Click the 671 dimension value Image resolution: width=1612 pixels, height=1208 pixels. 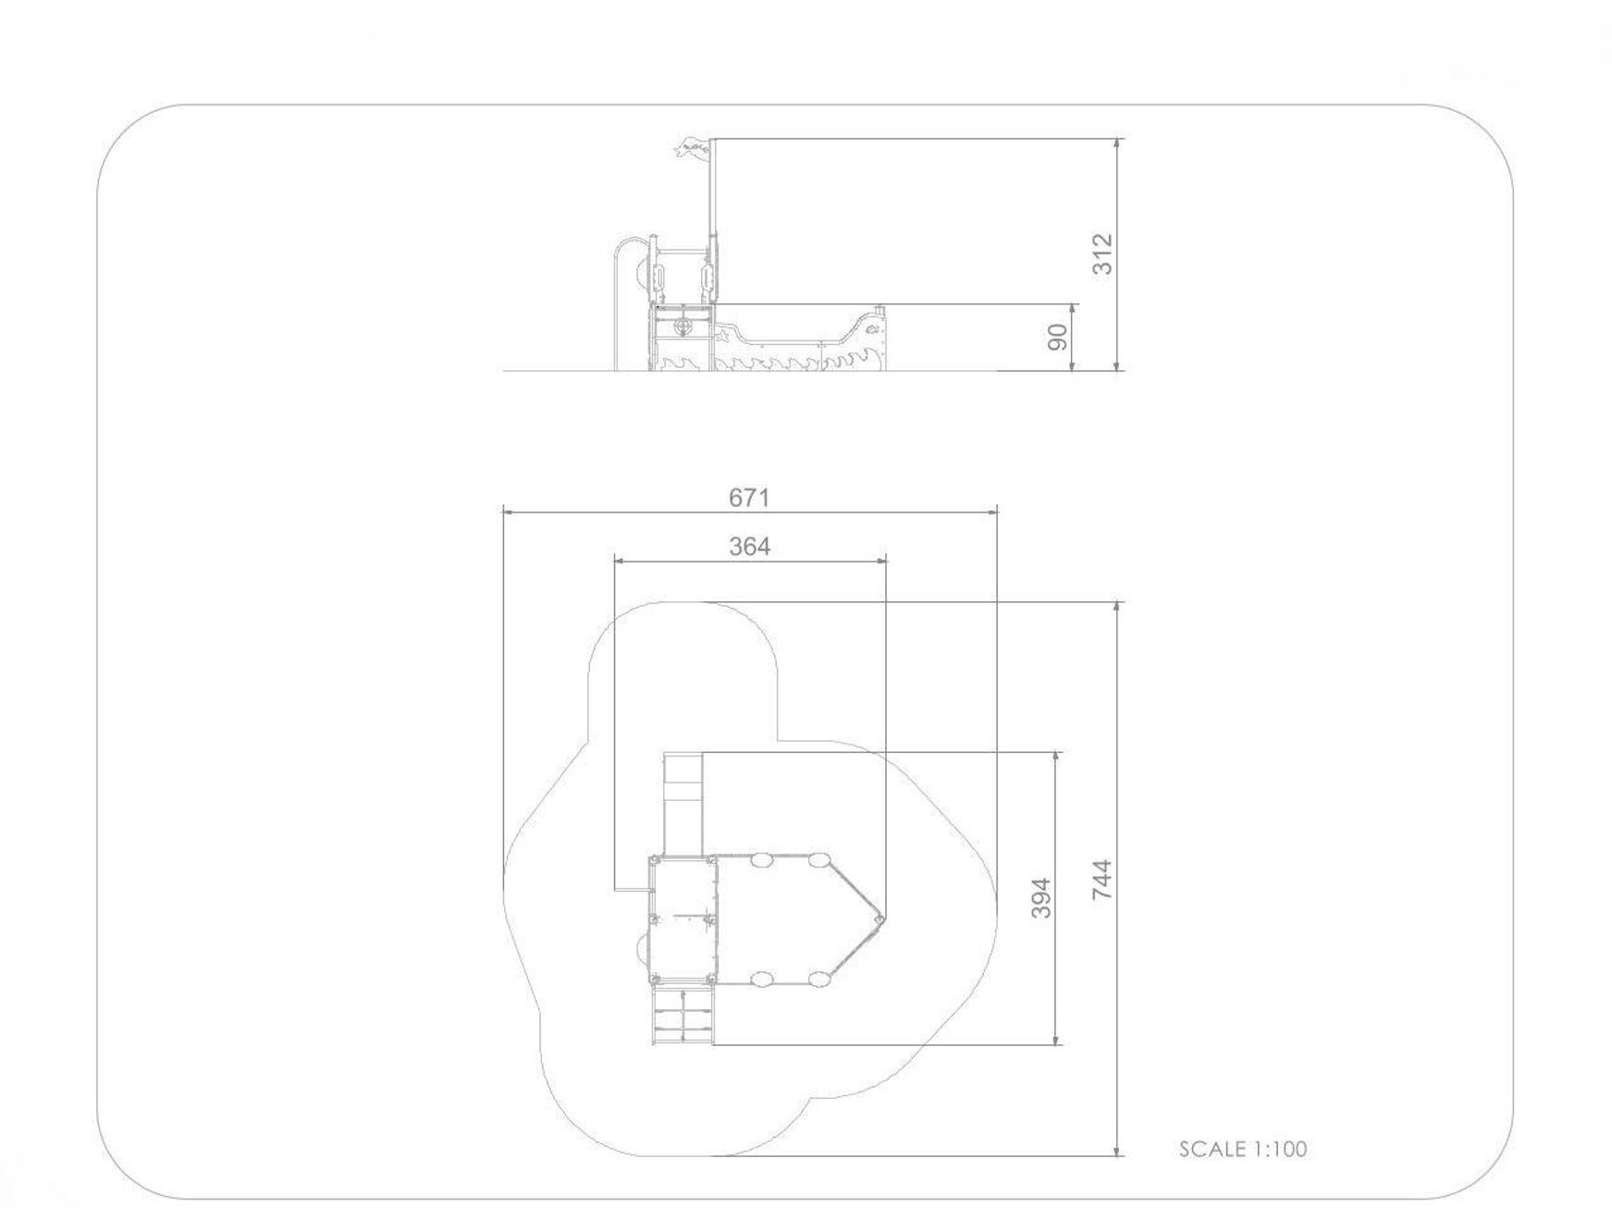coord(748,498)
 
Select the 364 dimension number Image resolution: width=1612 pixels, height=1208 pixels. coord(748,547)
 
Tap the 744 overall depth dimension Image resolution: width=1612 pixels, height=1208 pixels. coord(1101,880)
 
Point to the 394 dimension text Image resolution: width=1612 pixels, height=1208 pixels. coord(1041,898)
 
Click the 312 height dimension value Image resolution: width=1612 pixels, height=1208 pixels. coord(1102,254)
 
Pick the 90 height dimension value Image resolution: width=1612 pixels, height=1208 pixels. coord(1058,338)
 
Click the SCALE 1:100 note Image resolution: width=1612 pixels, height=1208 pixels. coord(1243,1149)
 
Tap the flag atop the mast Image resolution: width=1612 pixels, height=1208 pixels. coord(692,148)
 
